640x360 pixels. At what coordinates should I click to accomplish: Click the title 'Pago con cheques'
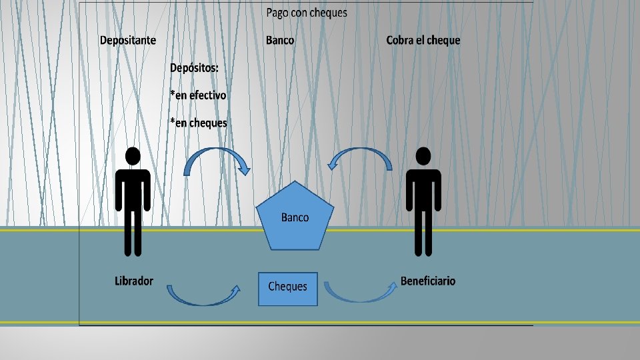point(307,13)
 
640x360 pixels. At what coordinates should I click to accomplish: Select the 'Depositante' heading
point(128,40)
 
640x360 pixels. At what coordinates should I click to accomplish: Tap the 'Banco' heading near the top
point(280,40)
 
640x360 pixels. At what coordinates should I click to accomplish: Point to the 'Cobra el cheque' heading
point(423,40)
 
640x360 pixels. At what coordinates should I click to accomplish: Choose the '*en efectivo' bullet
point(198,95)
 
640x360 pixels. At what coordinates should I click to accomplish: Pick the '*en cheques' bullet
point(199,123)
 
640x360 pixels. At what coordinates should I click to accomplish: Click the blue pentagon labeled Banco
point(295,217)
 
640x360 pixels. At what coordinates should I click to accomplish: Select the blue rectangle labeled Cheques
point(288,287)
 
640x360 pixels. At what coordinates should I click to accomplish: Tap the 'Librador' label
point(134,281)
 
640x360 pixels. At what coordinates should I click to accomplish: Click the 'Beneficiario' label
point(428,281)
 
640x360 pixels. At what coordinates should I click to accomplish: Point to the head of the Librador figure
point(133,156)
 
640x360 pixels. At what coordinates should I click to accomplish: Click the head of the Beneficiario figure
point(423,156)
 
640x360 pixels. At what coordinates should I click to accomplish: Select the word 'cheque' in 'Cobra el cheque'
point(443,40)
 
